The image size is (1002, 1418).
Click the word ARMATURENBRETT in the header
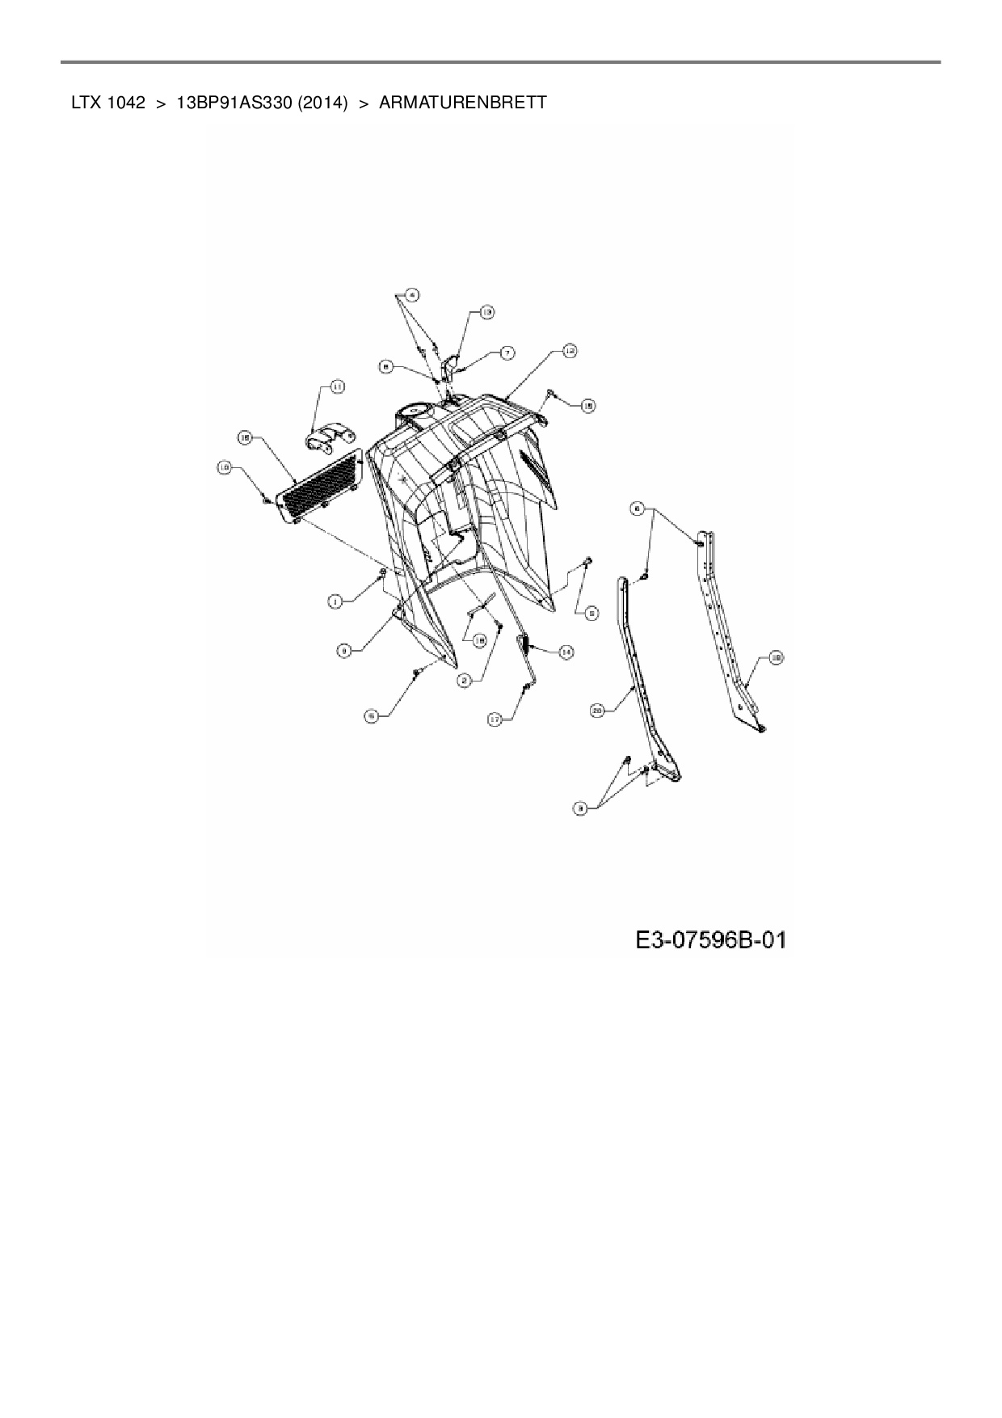(462, 103)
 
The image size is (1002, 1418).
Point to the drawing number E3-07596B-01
(710, 940)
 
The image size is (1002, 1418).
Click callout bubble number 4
(411, 294)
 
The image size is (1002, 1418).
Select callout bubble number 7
(507, 352)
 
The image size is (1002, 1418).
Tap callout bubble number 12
(569, 350)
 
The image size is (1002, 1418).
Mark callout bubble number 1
(335, 601)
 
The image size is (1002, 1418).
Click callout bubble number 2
(465, 681)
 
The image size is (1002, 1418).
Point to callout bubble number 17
(496, 718)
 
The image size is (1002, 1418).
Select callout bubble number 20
(599, 711)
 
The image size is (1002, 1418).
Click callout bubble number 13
(486, 311)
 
